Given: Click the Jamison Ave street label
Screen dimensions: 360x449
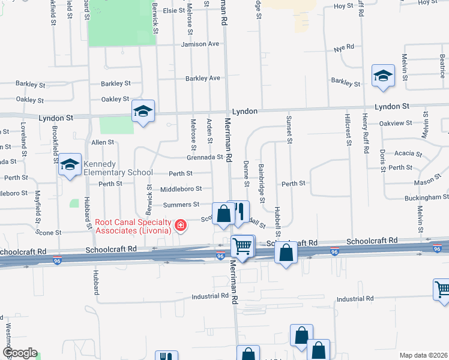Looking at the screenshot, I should pyautogui.click(x=200, y=44).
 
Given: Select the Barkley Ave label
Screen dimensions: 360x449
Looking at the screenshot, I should pyautogui.click(x=203, y=79).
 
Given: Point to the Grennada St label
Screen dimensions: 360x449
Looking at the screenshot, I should pyautogui.click(x=204, y=158).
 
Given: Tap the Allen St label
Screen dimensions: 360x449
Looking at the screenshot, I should pyautogui.click(x=103, y=142).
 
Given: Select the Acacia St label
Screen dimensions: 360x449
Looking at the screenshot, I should pyautogui.click(x=399, y=154).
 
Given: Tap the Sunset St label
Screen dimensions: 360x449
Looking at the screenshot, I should pyautogui.click(x=289, y=130).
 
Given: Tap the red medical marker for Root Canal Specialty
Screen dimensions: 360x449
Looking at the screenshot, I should pyautogui.click(x=180, y=226).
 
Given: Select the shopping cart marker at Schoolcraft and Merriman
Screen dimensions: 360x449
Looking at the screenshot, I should pyautogui.click(x=243, y=245).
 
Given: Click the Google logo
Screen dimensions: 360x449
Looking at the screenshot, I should pyautogui.click(x=20, y=353).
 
